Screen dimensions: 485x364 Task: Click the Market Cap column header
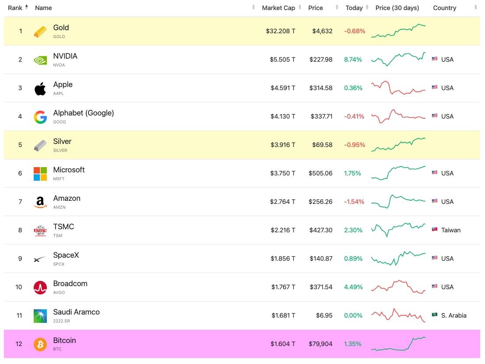[x=278, y=8]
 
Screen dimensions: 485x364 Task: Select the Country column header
[x=444, y=8]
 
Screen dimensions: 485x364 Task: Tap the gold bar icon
[x=40, y=31]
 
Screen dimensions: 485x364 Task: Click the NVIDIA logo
[x=40, y=60]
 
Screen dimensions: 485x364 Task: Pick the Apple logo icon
[x=40, y=89]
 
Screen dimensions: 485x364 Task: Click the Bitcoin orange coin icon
[x=40, y=344]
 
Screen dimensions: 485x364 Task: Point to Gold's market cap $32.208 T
[x=281, y=31]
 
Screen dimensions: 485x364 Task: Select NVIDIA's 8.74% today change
[x=353, y=59]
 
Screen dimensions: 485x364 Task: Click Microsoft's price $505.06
[x=320, y=174]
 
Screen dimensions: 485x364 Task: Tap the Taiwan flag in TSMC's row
[x=435, y=230]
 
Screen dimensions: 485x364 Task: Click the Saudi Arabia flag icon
[x=435, y=315]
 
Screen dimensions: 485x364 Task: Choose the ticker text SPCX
[x=59, y=264]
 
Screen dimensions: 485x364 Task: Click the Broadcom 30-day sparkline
[x=398, y=287]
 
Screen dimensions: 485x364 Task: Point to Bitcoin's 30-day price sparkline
[x=398, y=344]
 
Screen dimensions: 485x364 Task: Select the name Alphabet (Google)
[x=84, y=113]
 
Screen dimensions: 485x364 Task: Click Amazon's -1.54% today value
[x=354, y=202]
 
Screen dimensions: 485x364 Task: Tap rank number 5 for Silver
[x=20, y=145]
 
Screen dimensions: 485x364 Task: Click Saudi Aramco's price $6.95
[x=324, y=316]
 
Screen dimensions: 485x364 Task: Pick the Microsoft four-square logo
[x=40, y=174]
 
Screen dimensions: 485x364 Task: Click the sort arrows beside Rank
[x=27, y=7]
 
